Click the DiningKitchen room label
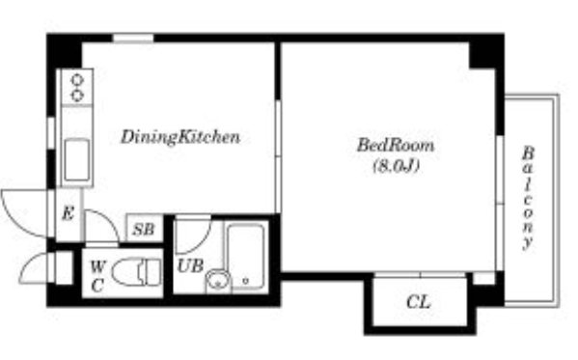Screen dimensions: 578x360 [180, 137]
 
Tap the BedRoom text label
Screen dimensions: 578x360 [396, 146]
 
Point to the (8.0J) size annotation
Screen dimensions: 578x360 [397, 166]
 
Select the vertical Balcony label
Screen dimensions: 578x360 [528, 199]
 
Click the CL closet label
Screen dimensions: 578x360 [419, 302]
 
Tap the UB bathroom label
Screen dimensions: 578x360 [190, 265]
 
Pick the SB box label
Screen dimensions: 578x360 [143, 230]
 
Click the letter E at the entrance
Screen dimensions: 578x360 [68, 213]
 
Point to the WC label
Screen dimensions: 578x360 [97, 276]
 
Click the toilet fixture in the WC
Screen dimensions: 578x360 [137, 272]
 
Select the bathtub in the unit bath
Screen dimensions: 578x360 [245, 256]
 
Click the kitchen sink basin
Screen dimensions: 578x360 [76, 160]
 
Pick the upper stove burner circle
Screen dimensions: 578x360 [77, 80]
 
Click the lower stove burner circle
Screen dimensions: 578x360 [77, 96]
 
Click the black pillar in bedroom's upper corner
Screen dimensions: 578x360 [482, 55]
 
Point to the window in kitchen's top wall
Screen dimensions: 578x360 [133, 38]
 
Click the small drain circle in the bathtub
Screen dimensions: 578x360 [245, 281]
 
